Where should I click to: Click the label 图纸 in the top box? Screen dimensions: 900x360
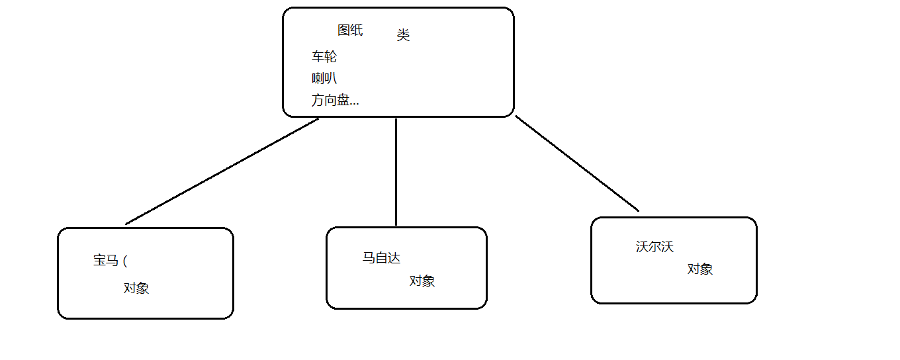[x=350, y=30]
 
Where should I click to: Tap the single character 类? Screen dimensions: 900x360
[x=403, y=35]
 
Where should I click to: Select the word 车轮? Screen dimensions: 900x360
[x=324, y=57]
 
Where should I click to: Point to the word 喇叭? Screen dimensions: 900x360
[x=324, y=78]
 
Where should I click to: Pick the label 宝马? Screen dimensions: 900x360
[x=106, y=260]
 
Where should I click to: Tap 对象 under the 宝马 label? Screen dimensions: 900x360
[x=136, y=288]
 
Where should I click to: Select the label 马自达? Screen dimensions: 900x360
[x=381, y=257]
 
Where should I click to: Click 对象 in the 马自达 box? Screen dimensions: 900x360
[x=422, y=281]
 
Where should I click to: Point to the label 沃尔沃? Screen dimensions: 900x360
[x=654, y=247]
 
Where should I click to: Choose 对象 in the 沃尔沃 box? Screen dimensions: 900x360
[x=700, y=269]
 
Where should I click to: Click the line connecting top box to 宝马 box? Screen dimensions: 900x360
[x=222, y=171]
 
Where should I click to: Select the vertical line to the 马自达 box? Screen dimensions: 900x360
[x=396, y=171]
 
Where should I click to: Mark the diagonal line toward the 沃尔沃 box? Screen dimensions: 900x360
[x=577, y=163]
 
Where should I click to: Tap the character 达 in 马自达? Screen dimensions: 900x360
[x=394, y=257]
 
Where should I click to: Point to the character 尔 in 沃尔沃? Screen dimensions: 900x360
[x=654, y=247]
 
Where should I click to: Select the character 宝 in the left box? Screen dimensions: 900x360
[x=99, y=260]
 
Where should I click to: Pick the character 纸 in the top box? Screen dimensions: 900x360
[x=357, y=30]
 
